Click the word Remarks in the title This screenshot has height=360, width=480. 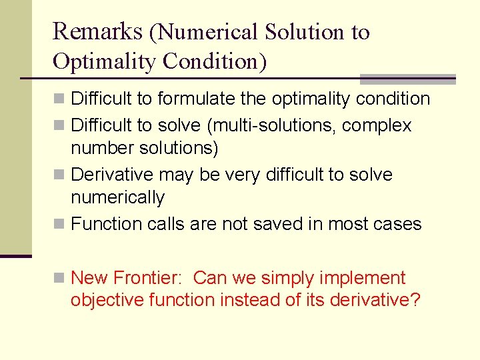(97, 31)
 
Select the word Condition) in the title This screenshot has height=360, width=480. (215, 61)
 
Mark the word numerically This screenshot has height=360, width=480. (117, 197)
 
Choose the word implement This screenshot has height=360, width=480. (369, 278)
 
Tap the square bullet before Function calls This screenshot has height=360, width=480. (59, 225)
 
